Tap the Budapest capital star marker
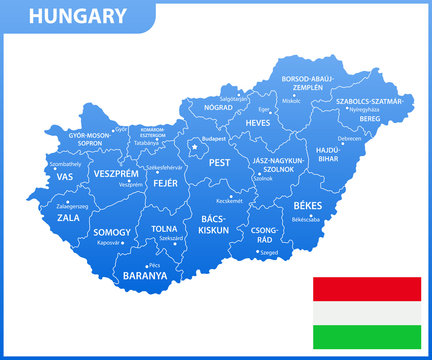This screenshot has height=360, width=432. pyautogui.click(x=195, y=146)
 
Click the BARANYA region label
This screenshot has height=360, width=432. pyautogui.click(x=144, y=275)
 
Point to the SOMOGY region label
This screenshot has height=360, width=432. pyautogui.click(x=113, y=232)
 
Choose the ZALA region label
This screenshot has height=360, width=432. pyautogui.click(x=69, y=216)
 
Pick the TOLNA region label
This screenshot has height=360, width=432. pyautogui.click(x=164, y=227)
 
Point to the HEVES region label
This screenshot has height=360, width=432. pyautogui.click(x=258, y=122)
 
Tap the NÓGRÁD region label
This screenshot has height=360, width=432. pyautogui.click(x=218, y=107)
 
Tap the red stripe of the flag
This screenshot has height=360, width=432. pyautogui.click(x=367, y=289)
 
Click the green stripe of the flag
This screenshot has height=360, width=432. pyautogui.click(x=367, y=336)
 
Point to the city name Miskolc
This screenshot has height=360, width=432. pyautogui.click(x=292, y=101)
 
